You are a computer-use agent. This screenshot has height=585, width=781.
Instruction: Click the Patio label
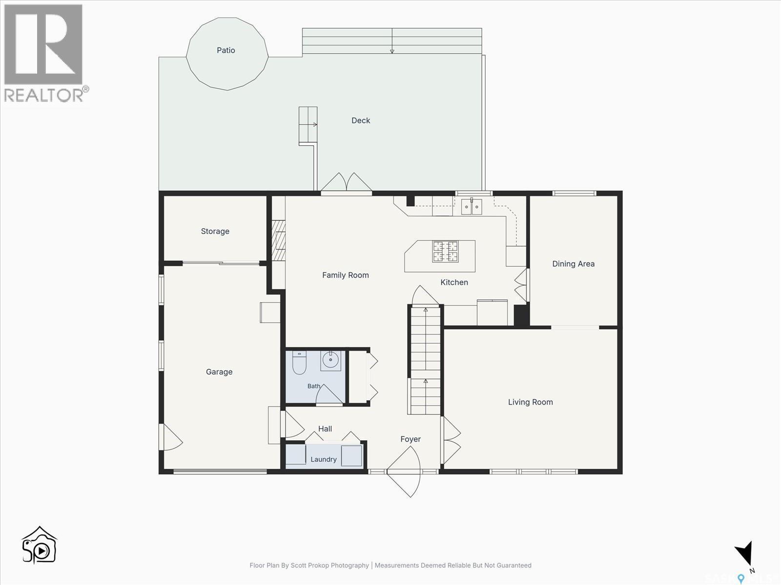226,50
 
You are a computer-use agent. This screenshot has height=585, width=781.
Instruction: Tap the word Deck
361,120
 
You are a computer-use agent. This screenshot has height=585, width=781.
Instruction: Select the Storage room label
215,231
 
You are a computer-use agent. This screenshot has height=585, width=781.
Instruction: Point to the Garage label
219,372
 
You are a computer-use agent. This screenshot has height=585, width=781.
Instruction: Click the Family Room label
346,275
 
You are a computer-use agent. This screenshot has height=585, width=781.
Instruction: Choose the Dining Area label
573,264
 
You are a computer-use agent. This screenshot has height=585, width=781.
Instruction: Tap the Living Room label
531,402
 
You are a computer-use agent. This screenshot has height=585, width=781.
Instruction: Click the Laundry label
324,459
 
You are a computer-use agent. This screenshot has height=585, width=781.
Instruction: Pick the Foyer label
411,439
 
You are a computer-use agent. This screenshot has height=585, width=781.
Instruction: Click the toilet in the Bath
299,363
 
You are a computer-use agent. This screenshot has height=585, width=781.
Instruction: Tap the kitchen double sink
472,206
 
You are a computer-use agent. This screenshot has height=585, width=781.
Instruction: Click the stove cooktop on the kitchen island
445,252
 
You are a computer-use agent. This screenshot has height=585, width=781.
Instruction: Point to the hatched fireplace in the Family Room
279,240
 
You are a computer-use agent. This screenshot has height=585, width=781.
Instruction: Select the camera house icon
39,545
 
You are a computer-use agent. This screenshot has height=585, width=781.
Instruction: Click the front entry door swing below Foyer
404,472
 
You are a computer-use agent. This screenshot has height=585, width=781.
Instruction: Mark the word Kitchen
454,282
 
